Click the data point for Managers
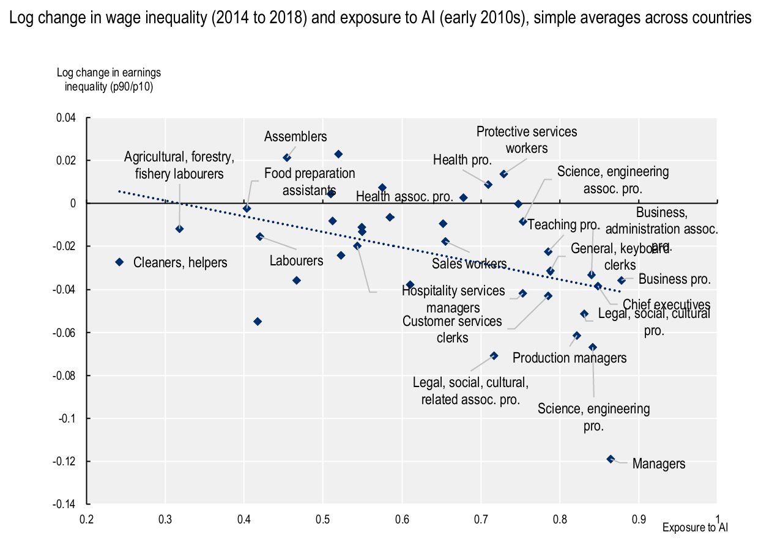[x=610, y=459]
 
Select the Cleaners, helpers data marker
[x=120, y=262]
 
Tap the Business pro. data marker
[x=622, y=280]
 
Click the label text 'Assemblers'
[x=295, y=137]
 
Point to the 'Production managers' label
[x=569, y=358]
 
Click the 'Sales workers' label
[x=469, y=264]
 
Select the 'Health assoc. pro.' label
[x=404, y=197]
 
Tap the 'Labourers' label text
[x=296, y=260]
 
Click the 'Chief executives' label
[x=666, y=305]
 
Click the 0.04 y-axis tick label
[x=69, y=118]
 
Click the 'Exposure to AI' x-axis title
[x=695, y=526]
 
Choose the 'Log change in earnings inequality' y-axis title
[x=109, y=79]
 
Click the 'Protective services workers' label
[x=527, y=139]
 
